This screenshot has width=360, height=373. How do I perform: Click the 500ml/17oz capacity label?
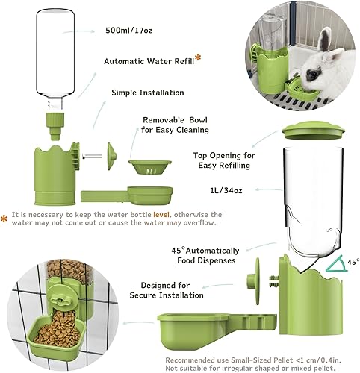131,31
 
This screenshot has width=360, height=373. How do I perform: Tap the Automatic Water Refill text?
146,61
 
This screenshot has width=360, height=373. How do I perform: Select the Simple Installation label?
146,92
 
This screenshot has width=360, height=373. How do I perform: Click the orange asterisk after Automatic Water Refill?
198,58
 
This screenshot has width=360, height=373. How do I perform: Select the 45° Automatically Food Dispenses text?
202,255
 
